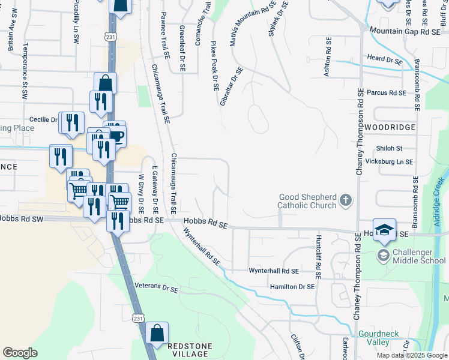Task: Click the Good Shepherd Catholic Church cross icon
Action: coord(346,200)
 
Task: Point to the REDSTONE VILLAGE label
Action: coord(193,350)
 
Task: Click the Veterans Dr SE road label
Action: coord(157,288)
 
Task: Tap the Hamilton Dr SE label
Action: coord(292,287)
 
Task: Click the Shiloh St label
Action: coord(388,148)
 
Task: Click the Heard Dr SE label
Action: coord(385,61)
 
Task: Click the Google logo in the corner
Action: coord(20,353)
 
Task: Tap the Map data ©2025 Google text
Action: coord(412,355)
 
